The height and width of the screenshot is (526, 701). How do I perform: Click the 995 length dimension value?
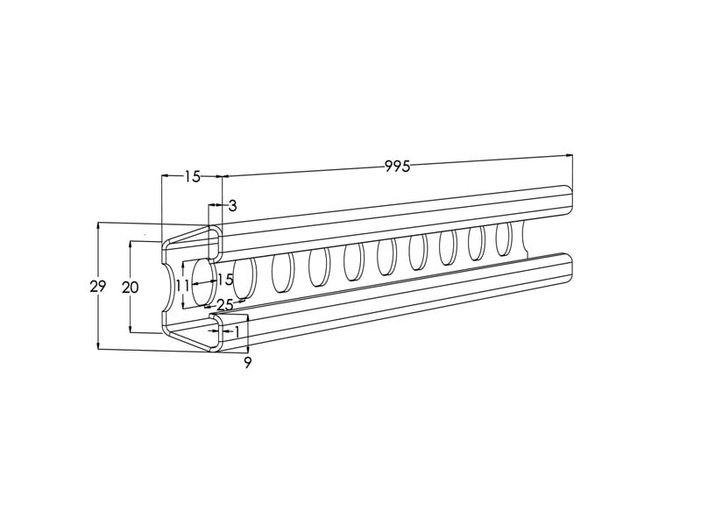click(397, 167)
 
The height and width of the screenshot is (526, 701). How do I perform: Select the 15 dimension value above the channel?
click(192, 177)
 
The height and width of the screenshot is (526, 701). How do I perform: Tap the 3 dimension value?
click(232, 206)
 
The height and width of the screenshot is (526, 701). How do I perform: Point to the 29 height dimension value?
click(97, 287)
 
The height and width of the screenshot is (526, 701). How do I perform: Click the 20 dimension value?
click(130, 288)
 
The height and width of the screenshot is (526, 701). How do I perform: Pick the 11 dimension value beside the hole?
click(182, 286)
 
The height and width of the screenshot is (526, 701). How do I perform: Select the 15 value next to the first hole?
click(225, 280)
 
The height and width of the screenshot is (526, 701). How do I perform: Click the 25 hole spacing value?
click(225, 305)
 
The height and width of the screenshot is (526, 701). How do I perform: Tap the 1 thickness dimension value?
click(237, 331)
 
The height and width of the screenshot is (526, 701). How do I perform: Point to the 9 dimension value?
click(248, 362)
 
